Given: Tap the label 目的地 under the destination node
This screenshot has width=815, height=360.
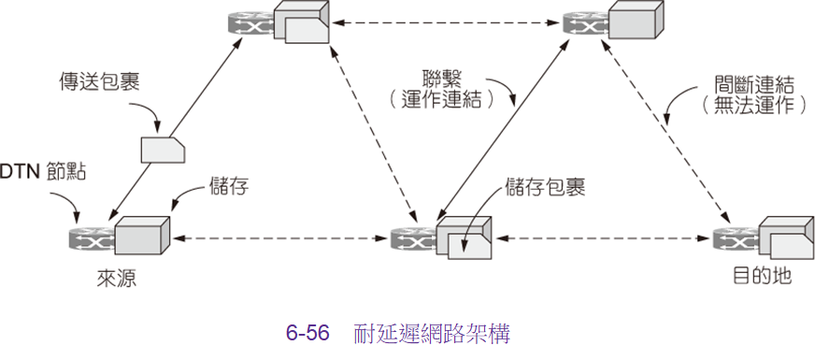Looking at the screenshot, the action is (x=762, y=276).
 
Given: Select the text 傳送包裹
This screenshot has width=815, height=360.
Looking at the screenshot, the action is (x=100, y=82).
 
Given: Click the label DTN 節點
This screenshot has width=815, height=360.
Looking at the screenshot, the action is (x=43, y=172).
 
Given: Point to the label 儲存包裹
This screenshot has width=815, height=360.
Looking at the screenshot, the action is (x=545, y=188).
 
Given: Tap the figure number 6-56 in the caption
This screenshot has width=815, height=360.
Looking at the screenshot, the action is (x=307, y=334).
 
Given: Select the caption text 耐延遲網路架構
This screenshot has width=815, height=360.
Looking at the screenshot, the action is (x=432, y=334).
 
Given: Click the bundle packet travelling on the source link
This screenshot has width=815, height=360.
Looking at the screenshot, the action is (x=164, y=151).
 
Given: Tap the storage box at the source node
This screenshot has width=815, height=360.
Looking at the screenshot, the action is (x=143, y=235).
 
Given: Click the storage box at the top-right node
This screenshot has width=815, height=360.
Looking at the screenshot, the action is (x=636, y=20).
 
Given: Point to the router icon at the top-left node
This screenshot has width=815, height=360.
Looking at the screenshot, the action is (x=250, y=22).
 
